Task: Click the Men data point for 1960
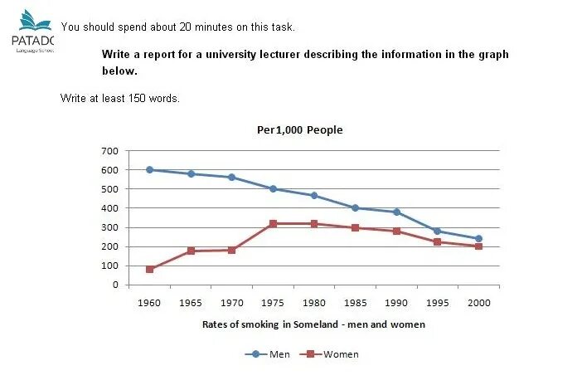click(150, 169)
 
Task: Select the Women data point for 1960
click(150, 270)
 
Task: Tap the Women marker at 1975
click(273, 223)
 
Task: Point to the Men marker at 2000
click(478, 239)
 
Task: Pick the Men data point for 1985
click(355, 208)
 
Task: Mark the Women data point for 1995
click(437, 241)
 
